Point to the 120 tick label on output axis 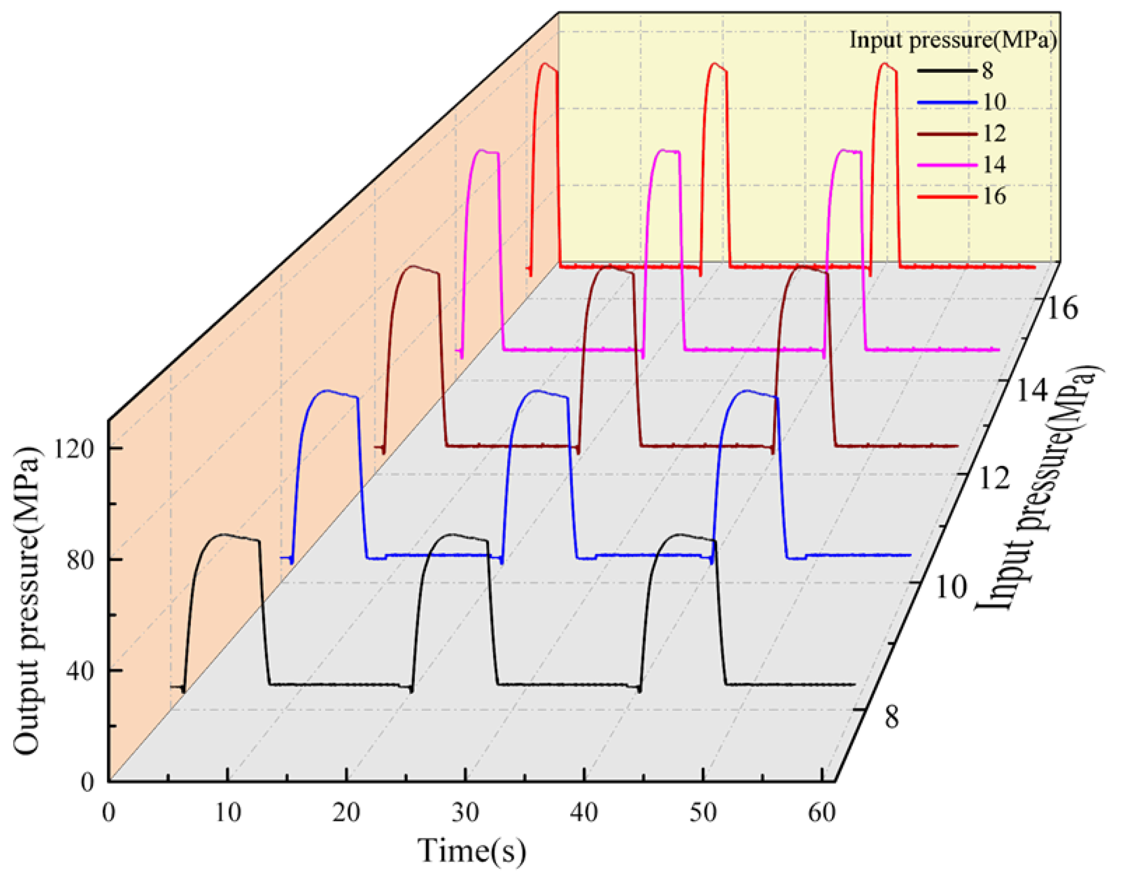click(74, 449)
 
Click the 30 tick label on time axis click(465, 813)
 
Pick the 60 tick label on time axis click(821, 813)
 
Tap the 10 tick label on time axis click(228, 813)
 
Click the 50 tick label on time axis click(703, 813)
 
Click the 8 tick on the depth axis click(892, 716)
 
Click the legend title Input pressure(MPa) click(953, 40)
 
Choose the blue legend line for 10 click(947, 102)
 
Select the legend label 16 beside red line click(994, 197)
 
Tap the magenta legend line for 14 click(947, 165)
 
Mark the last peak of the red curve click(885, 64)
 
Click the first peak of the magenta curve click(482, 150)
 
